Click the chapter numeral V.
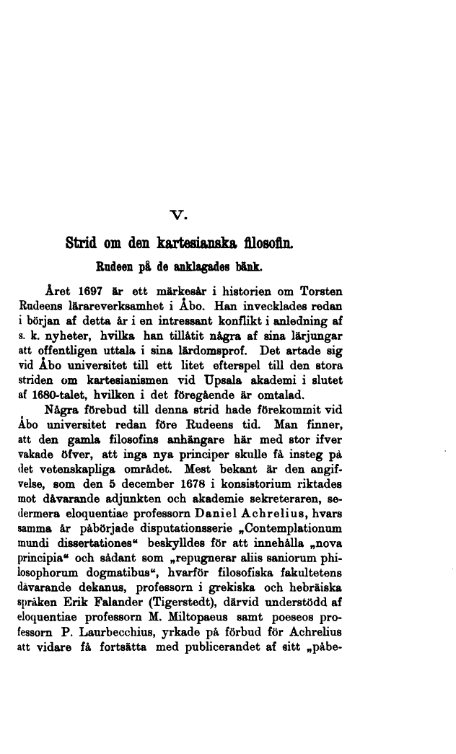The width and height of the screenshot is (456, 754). coord(181,213)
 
